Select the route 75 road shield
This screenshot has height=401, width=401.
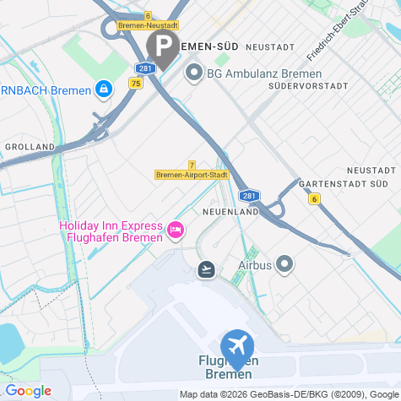[x=136, y=83]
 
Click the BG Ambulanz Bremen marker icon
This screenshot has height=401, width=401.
[x=192, y=73]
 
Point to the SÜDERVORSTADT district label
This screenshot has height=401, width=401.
[x=306, y=86]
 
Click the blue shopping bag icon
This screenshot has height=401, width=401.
[x=103, y=88]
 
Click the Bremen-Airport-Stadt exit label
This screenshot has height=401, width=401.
[x=192, y=175]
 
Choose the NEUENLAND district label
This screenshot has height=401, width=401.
[x=230, y=212]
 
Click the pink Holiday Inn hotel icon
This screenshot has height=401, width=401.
[x=176, y=230]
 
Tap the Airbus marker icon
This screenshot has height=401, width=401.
[x=284, y=265]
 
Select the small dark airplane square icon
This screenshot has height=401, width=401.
[x=205, y=269]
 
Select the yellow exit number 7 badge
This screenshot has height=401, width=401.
[x=192, y=165]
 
